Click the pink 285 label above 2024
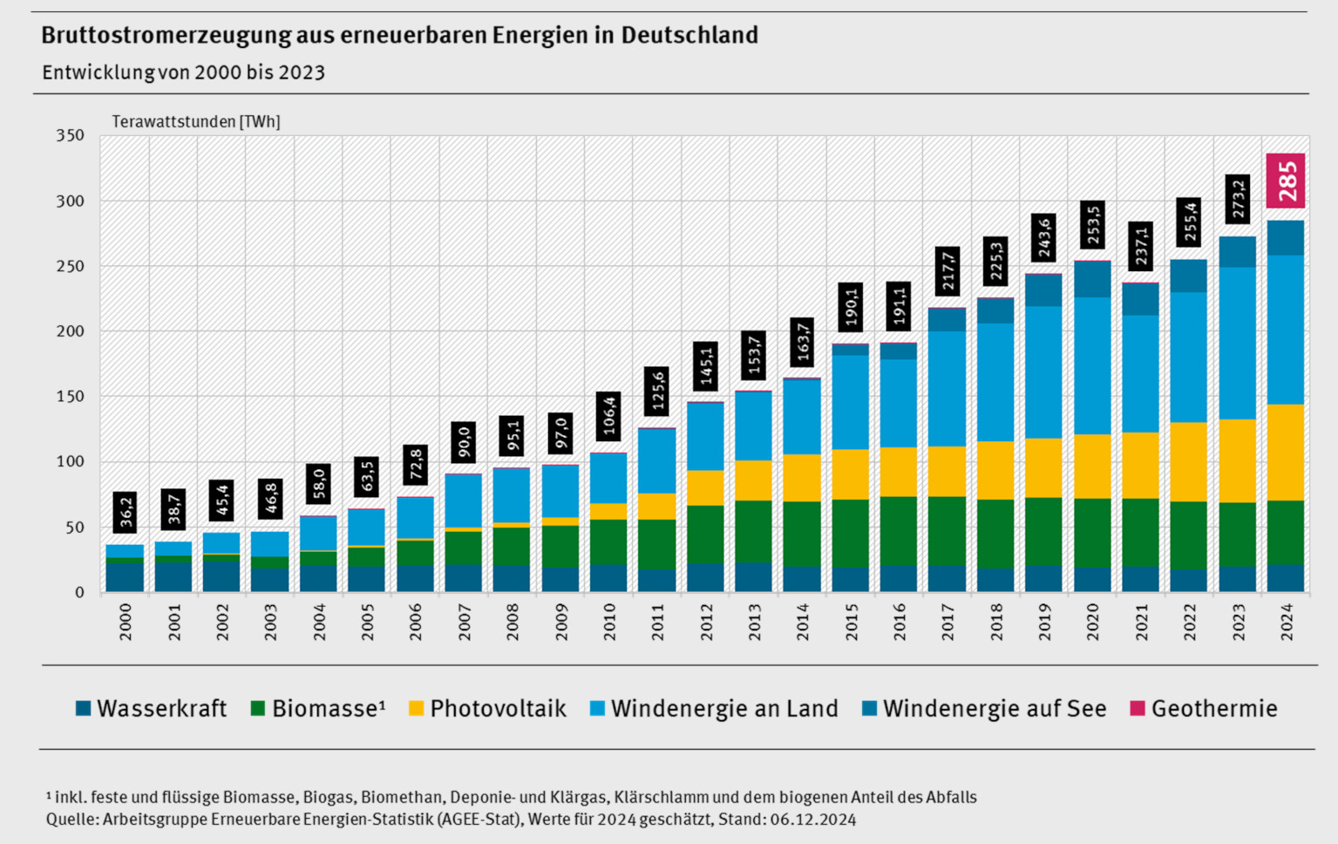(1286, 180)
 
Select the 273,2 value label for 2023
(1238, 200)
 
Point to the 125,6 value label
(657, 391)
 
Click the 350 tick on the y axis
(70, 135)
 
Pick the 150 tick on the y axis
(70, 397)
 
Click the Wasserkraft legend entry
(151, 709)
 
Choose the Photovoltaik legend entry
(487, 709)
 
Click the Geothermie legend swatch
(1137, 709)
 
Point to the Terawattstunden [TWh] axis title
(196, 122)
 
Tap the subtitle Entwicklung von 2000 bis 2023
(183, 72)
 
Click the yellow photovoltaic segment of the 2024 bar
(1286, 452)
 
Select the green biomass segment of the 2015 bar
(851, 533)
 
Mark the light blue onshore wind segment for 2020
(1092, 365)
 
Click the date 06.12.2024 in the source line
(812, 820)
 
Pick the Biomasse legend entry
(317, 709)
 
